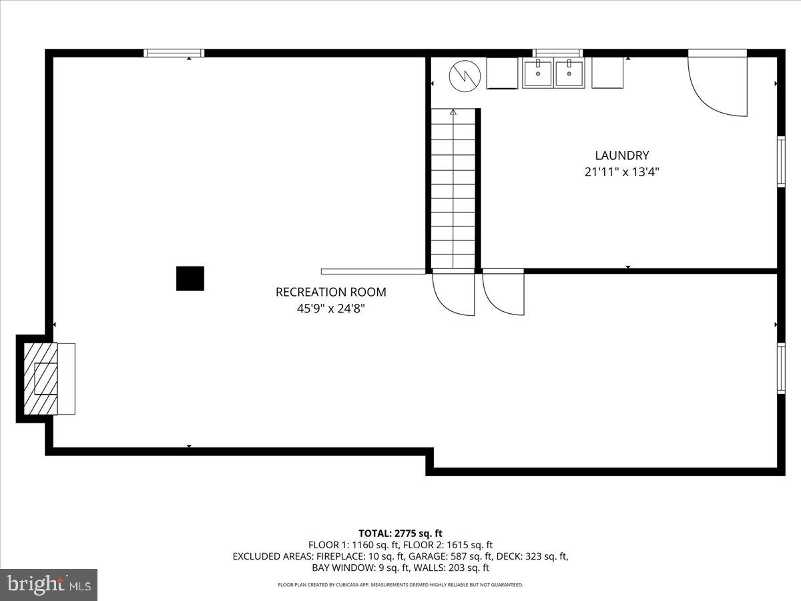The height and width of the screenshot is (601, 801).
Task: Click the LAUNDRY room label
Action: point(621,156)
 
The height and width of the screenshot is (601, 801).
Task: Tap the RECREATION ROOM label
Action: point(330,292)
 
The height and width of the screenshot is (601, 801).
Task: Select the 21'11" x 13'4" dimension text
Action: point(621,172)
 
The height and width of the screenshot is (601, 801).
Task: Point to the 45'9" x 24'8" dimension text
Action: point(330,309)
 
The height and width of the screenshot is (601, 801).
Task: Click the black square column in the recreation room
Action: point(190,278)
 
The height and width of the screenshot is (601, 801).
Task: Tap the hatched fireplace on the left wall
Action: point(41,379)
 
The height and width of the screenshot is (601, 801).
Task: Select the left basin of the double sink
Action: point(538,73)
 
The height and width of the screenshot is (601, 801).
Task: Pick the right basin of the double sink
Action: point(569,73)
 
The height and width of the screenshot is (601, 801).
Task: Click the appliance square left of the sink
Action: point(503,73)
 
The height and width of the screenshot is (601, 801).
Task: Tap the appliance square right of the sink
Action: point(607,73)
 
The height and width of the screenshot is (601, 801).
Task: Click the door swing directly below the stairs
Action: point(454,292)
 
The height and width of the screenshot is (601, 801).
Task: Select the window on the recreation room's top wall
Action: point(174,53)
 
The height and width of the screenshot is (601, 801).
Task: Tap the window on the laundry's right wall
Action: point(780,161)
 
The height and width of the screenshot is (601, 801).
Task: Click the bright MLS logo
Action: point(49,585)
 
